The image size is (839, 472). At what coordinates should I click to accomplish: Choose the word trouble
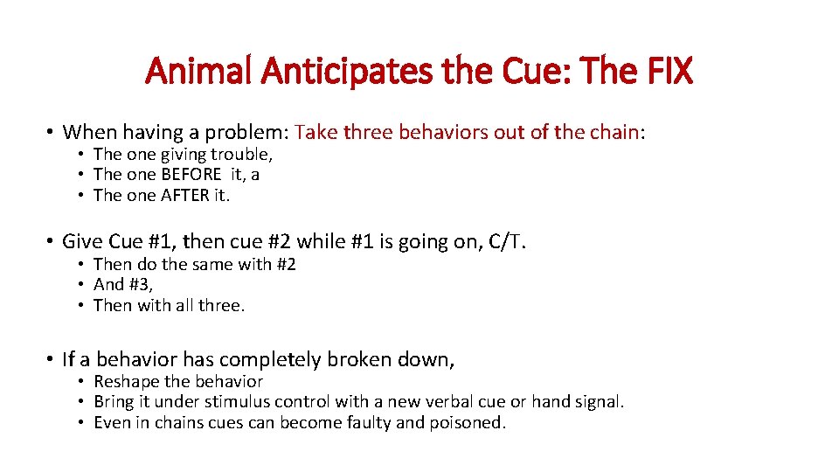[x=240, y=155]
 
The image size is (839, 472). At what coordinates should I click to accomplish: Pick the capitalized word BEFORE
[x=191, y=174]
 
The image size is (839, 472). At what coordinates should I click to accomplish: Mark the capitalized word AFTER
[x=185, y=195]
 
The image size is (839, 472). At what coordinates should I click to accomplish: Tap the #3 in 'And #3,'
[x=140, y=284]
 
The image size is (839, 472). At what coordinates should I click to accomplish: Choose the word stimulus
[x=237, y=402]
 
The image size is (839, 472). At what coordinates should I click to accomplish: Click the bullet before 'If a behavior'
[x=52, y=359]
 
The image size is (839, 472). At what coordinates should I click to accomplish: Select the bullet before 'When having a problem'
[x=52, y=133]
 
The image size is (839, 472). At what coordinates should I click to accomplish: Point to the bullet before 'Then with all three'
[x=80, y=306]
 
